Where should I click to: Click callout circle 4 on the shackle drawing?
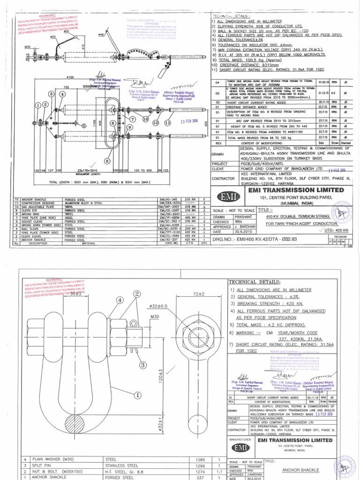(x=120, y=300)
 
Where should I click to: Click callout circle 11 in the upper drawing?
(x=168, y=122)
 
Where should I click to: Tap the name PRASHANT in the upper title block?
(x=244, y=217)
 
